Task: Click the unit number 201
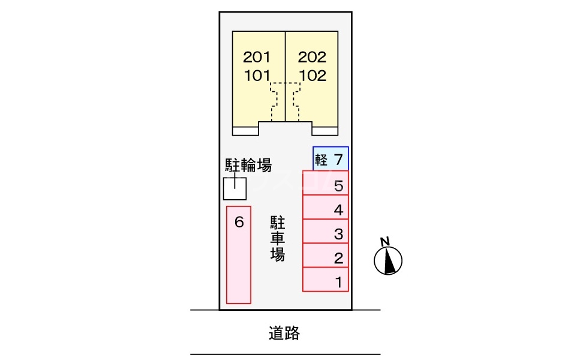click(257, 58)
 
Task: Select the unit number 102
click(312, 76)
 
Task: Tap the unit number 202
click(312, 58)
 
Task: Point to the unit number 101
click(257, 76)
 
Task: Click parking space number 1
click(326, 280)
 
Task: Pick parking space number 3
click(326, 232)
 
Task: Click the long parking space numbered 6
click(239, 255)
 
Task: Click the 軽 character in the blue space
click(321, 160)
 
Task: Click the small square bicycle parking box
click(235, 189)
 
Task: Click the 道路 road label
click(284, 333)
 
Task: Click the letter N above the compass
click(384, 242)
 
